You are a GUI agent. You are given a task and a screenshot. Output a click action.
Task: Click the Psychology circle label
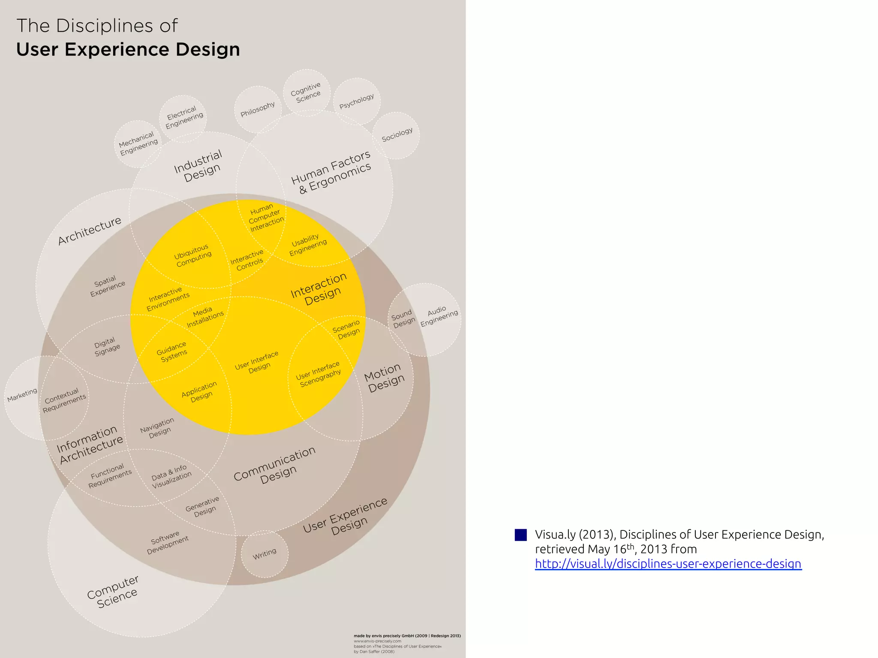(x=357, y=102)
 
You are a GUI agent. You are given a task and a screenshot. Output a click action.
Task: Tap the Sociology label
(x=397, y=135)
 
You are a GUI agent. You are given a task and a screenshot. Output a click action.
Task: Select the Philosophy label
(x=258, y=109)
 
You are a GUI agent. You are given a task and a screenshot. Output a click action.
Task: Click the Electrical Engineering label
(x=183, y=117)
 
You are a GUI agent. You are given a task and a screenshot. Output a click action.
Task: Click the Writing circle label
(x=265, y=554)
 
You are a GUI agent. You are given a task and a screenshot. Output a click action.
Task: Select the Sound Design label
(x=403, y=319)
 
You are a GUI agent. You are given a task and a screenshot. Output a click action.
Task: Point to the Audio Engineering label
(x=439, y=316)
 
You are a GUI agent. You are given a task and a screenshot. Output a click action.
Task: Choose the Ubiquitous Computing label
(x=192, y=255)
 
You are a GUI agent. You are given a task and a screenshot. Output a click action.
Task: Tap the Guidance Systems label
(x=172, y=352)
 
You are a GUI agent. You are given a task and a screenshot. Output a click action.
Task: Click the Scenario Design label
(x=347, y=329)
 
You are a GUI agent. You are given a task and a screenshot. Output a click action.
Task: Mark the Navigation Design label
(x=158, y=428)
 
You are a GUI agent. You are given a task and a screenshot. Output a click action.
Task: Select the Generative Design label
(x=203, y=507)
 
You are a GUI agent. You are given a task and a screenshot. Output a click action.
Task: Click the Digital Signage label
(x=106, y=347)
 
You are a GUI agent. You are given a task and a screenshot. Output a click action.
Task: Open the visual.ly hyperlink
(x=668, y=564)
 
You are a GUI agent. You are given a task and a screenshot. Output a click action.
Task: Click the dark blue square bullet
(x=520, y=535)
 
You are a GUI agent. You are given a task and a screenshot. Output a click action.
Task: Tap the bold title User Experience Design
(x=128, y=49)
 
